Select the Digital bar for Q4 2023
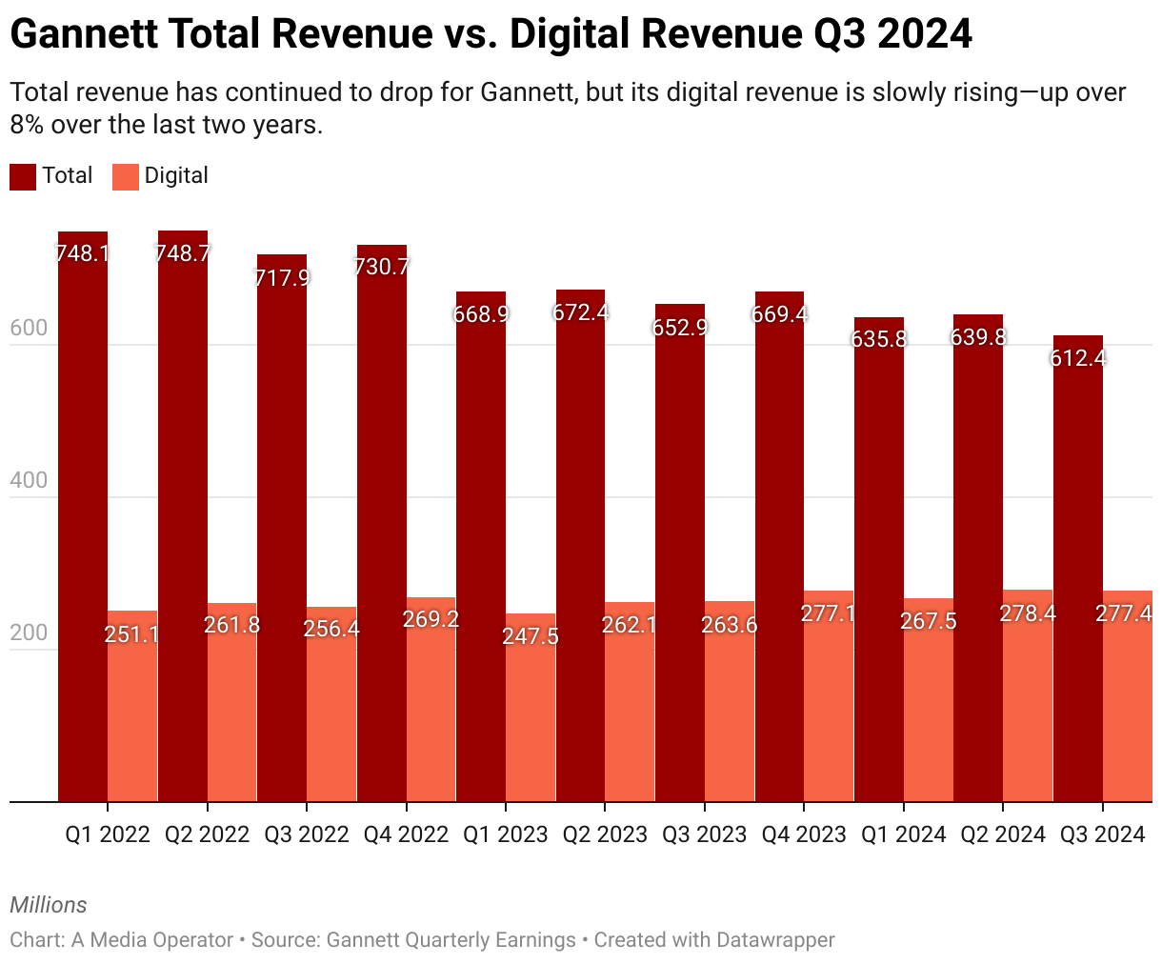pos(828,705)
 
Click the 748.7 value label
pos(184,253)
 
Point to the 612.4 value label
pos(1077,358)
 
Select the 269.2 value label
pos(431,619)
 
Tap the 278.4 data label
pos(1028,613)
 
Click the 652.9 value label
pos(680,327)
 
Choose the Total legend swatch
pos(23,176)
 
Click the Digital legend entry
pos(176,176)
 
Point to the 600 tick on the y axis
pos(29,329)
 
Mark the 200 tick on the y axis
pos(29,633)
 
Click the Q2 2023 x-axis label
pos(605,835)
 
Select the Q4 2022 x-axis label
pos(406,835)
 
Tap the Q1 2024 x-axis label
pos(903,835)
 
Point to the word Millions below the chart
pos(49,905)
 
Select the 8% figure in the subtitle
pos(27,125)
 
